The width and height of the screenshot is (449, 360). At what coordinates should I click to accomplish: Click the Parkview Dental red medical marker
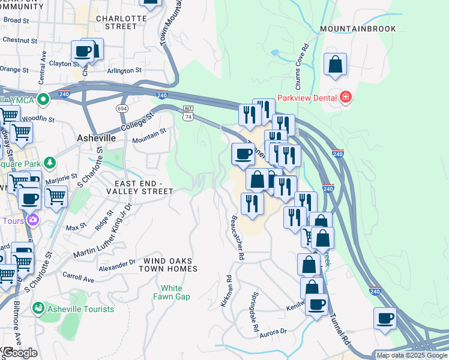345,97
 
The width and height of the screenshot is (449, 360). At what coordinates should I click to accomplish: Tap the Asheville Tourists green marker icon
38,308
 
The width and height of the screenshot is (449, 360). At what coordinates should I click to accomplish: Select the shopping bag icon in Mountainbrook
335,65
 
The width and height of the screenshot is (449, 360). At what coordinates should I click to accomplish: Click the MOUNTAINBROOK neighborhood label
357,29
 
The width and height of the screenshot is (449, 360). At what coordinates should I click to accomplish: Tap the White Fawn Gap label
171,293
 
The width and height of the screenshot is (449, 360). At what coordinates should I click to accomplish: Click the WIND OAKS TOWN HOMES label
170,265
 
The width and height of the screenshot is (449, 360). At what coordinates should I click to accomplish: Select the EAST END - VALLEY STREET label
139,187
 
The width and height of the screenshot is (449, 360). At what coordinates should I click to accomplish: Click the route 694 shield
122,108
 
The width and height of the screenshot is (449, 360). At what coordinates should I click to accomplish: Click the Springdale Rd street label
255,313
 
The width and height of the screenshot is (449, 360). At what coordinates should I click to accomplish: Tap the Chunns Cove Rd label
306,63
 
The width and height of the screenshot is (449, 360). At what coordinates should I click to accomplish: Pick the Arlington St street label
124,70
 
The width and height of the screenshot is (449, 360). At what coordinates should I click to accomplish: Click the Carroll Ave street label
79,278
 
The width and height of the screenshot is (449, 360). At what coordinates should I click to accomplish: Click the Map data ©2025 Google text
411,355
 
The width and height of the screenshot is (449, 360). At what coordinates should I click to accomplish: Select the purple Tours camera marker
32,220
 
